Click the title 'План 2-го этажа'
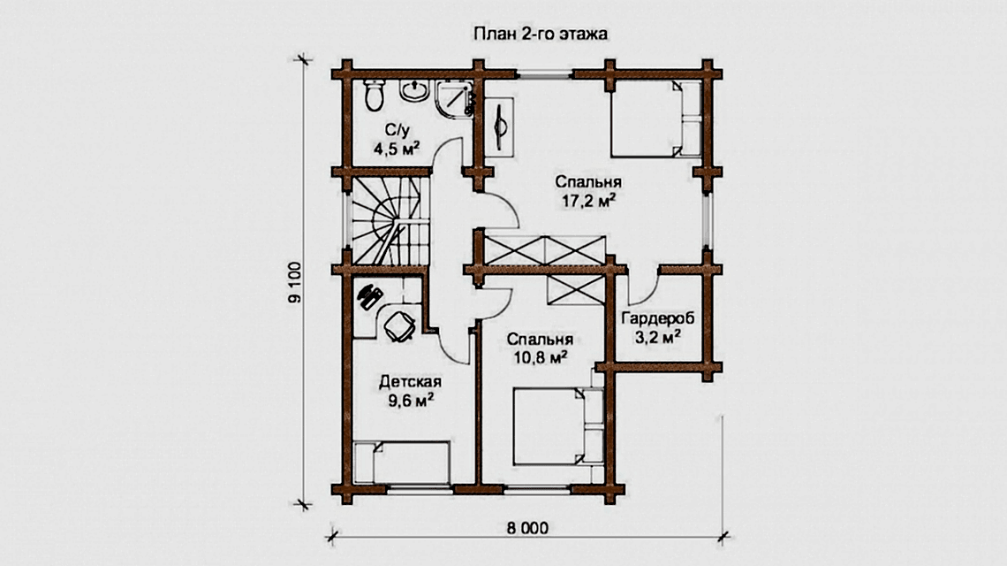point(540,34)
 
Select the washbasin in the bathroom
point(415,90)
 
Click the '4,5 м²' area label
point(397,149)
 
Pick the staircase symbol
point(389,220)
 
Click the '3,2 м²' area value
point(657,336)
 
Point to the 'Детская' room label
point(410,382)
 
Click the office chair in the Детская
point(398,325)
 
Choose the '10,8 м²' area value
point(540,357)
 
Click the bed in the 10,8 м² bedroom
point(558,425)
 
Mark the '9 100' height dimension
point(294,282)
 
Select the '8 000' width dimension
point(527,529)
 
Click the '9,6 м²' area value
point(411,401)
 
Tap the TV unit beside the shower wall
point(499,126)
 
